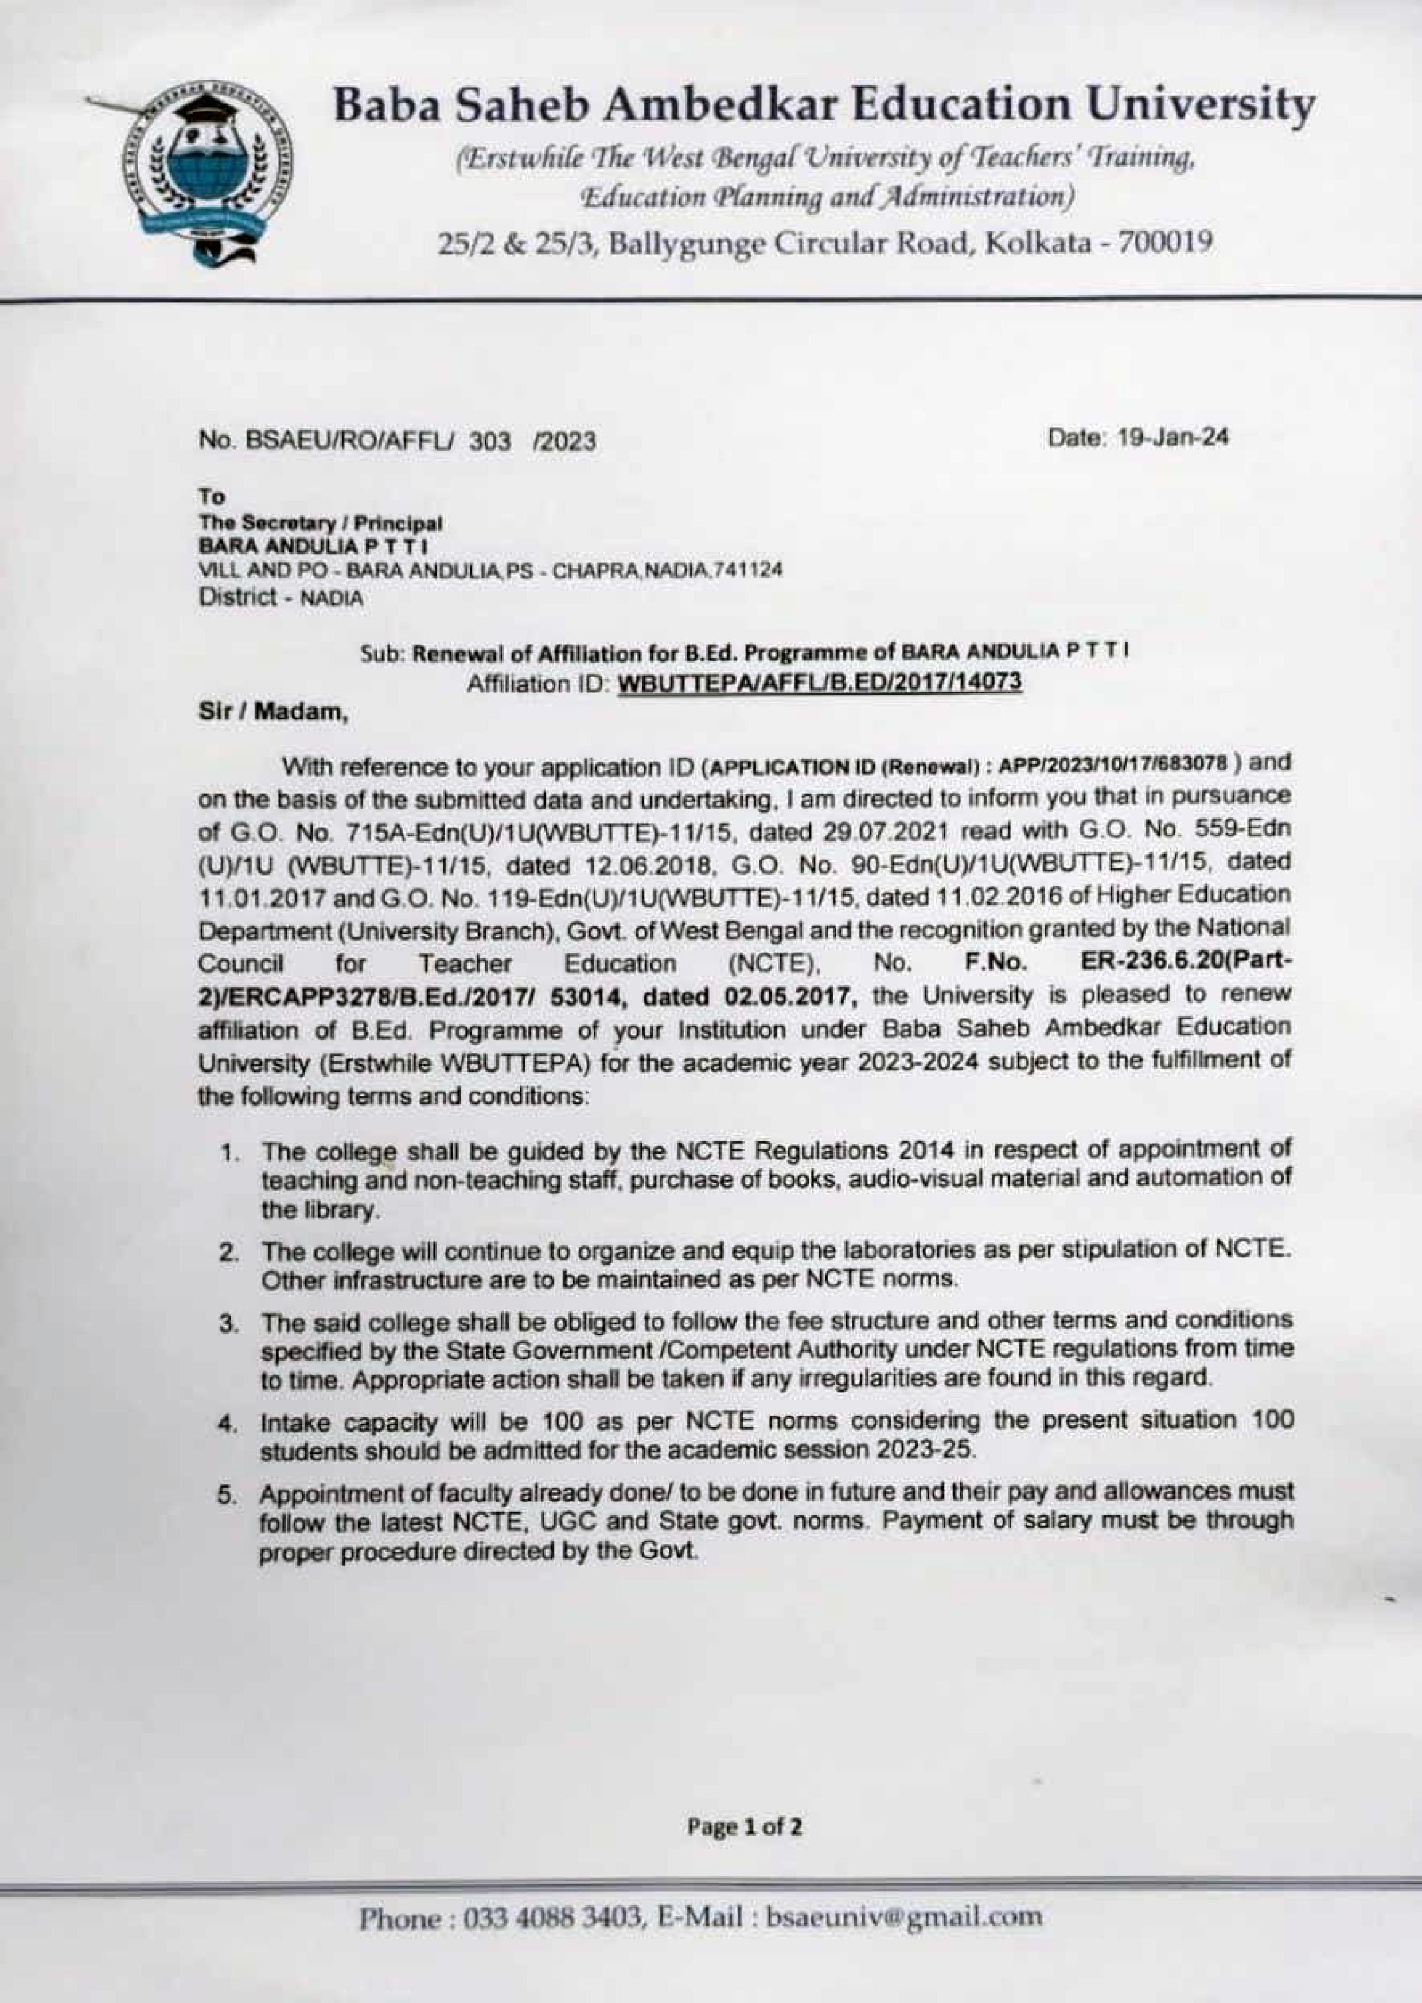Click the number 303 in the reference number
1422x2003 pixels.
(x=490, y=441)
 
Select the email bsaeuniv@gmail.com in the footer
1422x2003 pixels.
(x=903, y=1917)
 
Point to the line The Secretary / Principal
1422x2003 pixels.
(x=321, y=524)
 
